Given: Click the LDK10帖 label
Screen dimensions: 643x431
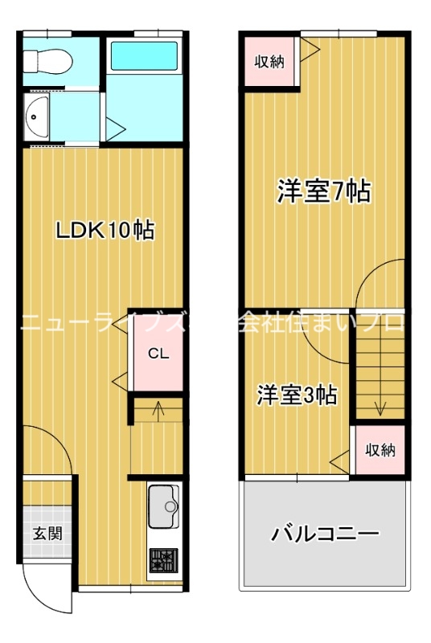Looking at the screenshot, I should (x=105, y=231).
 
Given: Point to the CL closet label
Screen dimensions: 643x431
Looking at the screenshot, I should (x=158, y=354).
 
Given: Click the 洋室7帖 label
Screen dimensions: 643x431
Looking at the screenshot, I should (x=324, y=190).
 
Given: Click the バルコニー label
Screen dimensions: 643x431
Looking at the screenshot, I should (x=324, y=533).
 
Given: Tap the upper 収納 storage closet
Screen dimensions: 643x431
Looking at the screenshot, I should (x=270, y=62).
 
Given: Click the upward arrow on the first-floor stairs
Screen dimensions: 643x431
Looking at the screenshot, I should (x=158, y=409).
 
